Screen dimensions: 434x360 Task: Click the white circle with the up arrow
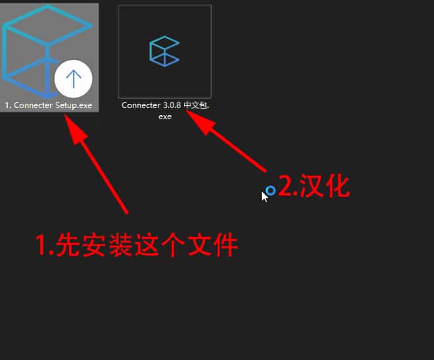[74, 79]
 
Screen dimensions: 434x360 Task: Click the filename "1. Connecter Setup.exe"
[49, 105]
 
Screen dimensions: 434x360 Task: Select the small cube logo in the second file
[164, 51]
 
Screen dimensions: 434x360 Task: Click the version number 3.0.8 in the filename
[172, 105]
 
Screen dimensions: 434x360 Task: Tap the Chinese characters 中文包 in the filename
[196, 105]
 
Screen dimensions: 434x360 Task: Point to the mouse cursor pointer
[264, 197]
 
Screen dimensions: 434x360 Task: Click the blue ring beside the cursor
[270, 190]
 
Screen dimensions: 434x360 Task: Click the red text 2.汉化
[314, 186]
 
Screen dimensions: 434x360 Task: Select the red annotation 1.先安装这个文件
[137, 245]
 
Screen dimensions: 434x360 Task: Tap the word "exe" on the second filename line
[165, 116]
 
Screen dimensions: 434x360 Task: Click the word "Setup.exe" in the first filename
[74, 105]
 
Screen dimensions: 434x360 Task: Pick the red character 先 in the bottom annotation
[66, 245]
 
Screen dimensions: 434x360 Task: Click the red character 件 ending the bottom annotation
[226, 245]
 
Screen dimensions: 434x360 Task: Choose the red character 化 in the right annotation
[338, 186]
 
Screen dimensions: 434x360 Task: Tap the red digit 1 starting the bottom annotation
[41, 245]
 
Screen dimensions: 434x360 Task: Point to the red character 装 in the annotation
[120, 245]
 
